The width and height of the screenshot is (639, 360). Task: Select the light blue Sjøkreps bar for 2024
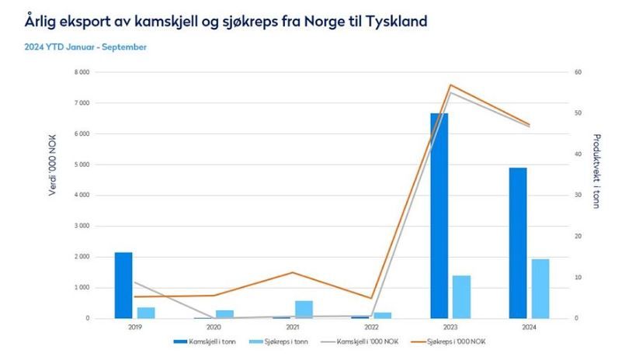(540, 289)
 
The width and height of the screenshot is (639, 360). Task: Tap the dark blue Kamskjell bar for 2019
(123, 286)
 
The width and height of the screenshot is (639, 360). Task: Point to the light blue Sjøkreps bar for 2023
(461, 297)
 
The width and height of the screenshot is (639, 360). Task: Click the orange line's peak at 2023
(450, 85)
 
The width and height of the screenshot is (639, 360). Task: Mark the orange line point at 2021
(293, 272)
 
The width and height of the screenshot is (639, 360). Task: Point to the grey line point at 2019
(134, 282)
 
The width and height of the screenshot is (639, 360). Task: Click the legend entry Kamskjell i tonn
(209, 341)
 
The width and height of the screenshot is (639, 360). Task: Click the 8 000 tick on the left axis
(80, 72)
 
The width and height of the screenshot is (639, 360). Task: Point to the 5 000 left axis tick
(80, 164)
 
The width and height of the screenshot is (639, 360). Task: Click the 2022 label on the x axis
(372, 328)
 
